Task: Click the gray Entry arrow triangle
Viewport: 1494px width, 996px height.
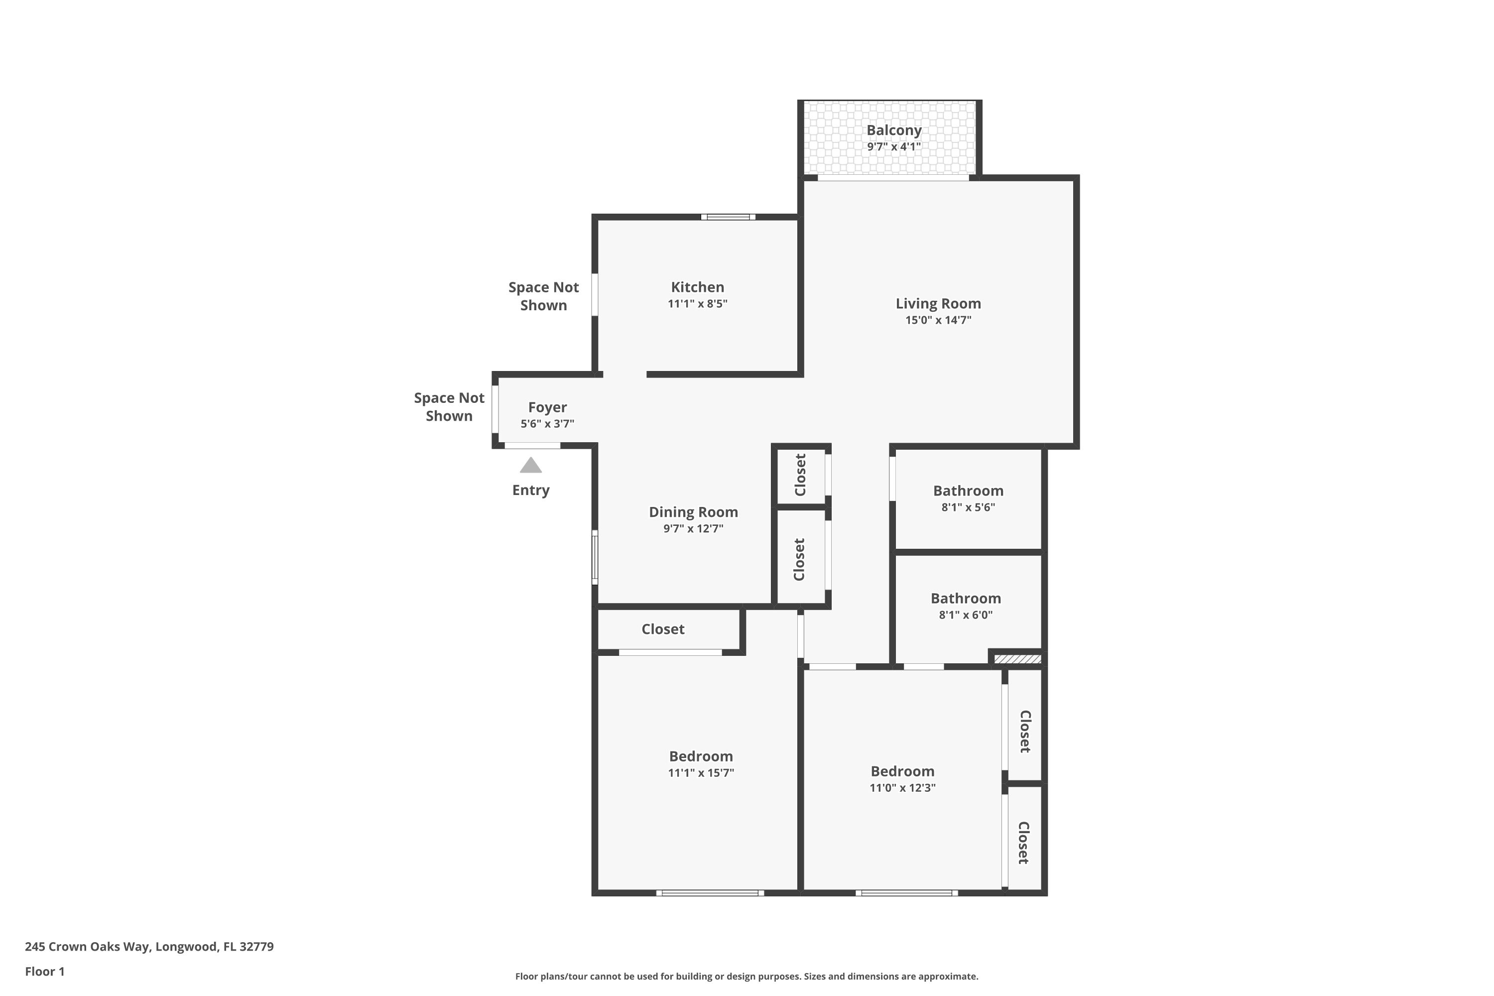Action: tap(530, 466)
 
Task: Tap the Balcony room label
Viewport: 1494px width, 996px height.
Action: tap(894, 130)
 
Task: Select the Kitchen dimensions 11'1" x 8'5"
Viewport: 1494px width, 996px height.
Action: tap(698, 304)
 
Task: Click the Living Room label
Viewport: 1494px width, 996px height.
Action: tap(938, 304)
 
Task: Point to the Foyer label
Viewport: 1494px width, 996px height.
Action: tap(547, 407)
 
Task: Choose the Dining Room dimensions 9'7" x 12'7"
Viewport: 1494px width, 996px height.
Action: tap(693, 528)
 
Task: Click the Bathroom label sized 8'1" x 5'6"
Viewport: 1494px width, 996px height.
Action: tap(968, 491)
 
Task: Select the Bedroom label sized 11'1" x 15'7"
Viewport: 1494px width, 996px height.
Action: tap(701, 756)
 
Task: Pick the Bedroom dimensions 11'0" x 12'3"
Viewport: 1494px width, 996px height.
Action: tap(902, 788)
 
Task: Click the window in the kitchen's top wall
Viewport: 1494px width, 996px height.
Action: tap(728, 217)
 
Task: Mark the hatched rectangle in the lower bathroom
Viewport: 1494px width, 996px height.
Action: tap(1017, 659)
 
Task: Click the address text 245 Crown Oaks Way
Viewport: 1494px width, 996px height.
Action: tap(88, 947)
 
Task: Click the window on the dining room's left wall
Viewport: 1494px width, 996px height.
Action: tap(595, 557)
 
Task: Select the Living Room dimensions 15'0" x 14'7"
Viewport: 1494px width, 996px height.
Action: tap(938, 320)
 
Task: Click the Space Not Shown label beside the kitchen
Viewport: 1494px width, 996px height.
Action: tap(543, 296)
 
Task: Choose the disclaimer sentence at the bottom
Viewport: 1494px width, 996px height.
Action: tap(747, 976)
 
